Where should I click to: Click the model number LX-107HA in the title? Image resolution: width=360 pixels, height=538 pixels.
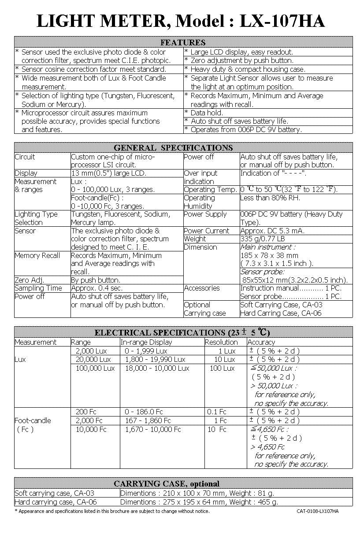pos(282,21)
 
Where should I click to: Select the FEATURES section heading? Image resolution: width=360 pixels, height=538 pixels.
pos(183,42)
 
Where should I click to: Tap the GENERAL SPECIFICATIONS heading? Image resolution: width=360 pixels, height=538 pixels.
pos(173,147)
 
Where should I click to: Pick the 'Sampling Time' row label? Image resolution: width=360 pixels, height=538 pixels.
pos(38,288)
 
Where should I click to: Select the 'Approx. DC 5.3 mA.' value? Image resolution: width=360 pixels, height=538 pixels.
pos(272,231)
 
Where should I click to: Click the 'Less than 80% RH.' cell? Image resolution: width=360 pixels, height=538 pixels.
pos(270,198)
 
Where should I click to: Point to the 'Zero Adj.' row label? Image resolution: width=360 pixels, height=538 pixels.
pos(30,280)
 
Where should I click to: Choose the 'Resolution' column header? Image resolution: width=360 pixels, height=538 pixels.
pos(221,342)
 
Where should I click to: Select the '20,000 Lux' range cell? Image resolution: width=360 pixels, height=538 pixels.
pos(93,359)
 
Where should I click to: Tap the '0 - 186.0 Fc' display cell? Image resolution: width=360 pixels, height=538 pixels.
pos(144,412)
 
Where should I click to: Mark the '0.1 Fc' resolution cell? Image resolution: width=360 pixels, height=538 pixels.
pos(216,412)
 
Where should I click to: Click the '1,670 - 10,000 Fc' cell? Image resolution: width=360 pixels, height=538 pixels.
pos(153,429)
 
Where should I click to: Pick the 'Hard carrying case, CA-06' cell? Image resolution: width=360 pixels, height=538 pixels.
pos(56,502)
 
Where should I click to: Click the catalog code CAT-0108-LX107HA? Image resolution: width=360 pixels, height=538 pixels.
pos(317,511)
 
